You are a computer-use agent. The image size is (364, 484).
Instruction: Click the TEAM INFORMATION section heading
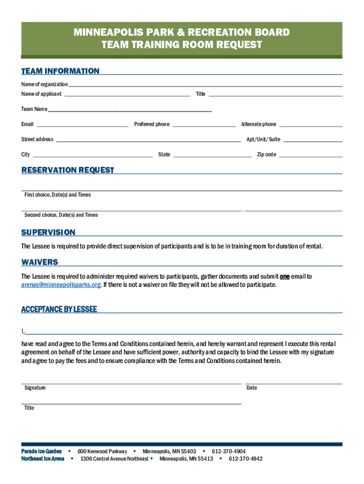tap(60, 71)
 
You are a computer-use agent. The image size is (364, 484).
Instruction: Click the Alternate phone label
tap(259, 124)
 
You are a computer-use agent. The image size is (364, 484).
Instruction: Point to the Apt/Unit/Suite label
tap(263, 139)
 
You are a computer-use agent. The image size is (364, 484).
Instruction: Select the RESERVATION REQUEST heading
tap(68, 170)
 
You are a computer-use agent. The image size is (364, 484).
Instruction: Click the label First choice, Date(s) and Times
tap(58, 195)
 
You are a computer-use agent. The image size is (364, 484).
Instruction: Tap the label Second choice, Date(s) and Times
tap(61, 215)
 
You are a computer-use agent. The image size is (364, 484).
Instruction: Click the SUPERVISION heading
tap(48, 233)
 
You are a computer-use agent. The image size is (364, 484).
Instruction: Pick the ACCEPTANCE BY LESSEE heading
tap(59, 310)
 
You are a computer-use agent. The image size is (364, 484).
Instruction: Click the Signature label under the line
tap(35, 388)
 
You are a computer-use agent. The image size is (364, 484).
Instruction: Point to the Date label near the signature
tap(252, 388)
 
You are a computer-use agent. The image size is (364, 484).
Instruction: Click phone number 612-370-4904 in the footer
tap(228, 451)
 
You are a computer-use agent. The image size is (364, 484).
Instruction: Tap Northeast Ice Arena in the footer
tap(43, 459)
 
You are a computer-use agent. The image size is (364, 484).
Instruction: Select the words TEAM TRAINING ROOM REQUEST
tap(182, 45)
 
